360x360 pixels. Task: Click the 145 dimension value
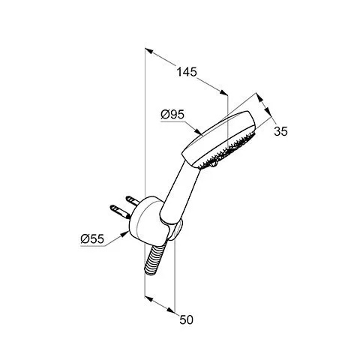187,72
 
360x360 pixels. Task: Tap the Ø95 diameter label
172,115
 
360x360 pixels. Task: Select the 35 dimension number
280,131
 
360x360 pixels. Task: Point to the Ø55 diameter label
92,239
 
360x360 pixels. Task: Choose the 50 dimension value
186,319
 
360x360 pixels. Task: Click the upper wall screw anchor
133,200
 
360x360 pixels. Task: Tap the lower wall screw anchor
121,211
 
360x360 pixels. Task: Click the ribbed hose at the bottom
154,259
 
